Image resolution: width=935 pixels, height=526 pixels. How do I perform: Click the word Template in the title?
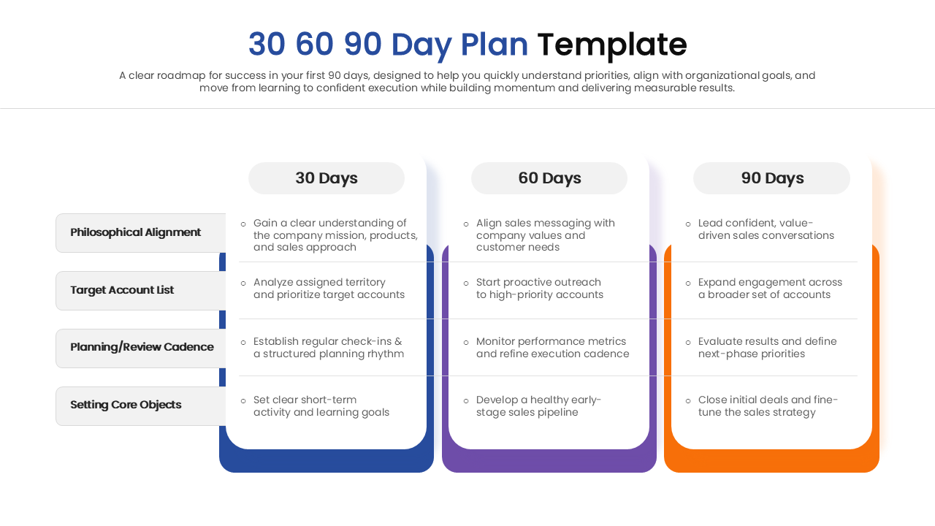point(611,45)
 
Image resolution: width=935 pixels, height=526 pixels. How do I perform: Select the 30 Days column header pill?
point(327,178)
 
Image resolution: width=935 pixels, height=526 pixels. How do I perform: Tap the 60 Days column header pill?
point(549,178)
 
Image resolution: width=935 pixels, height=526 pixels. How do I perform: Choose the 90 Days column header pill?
point(772,178)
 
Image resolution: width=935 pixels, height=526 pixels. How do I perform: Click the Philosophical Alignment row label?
point(136,232)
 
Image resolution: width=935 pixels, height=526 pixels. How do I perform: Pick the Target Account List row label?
point(122,290)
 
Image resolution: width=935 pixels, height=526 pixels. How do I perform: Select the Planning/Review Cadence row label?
point(142,347)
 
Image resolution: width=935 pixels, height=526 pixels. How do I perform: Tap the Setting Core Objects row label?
point(126,405)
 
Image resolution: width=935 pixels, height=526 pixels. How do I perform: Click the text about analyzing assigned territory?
point(329,289)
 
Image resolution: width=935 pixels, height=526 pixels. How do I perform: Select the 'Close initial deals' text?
point(768,406)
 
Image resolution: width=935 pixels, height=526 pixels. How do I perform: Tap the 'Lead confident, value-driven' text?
point(766,229)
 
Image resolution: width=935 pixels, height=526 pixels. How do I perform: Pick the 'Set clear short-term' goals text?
point(321,406)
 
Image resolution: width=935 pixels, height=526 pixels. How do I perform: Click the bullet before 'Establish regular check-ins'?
point(243,342)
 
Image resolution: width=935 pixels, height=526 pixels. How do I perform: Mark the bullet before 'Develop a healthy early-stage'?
point(466,400)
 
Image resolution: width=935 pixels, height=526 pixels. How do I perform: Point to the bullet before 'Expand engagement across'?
point(688,283)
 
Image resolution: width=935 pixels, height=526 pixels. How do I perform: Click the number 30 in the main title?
point(267,45)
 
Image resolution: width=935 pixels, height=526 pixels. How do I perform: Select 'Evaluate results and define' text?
point(767,348)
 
